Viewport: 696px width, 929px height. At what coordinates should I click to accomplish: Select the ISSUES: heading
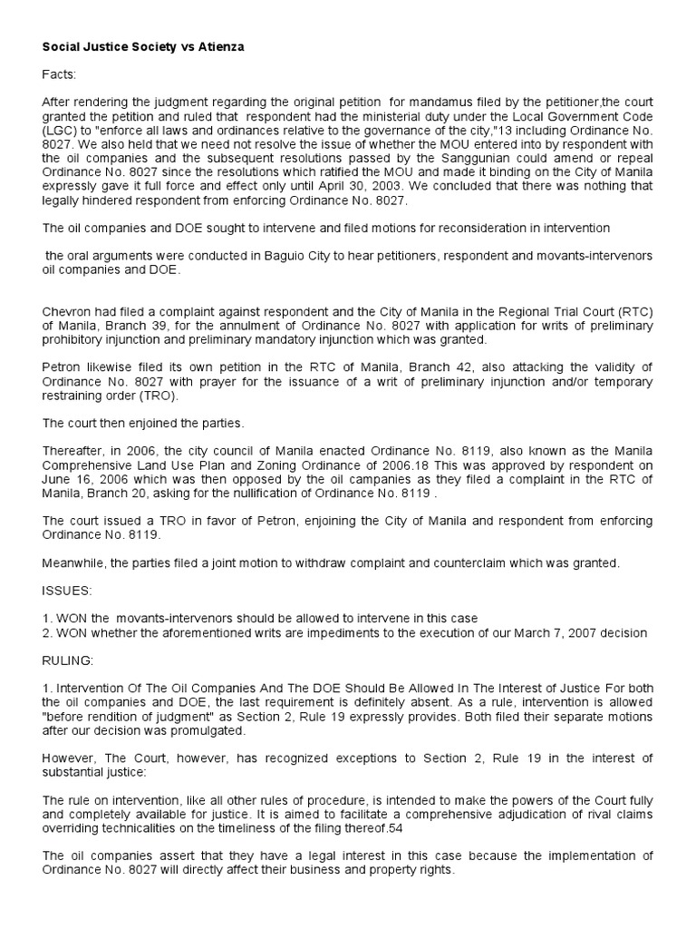click(x=67, y=591)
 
